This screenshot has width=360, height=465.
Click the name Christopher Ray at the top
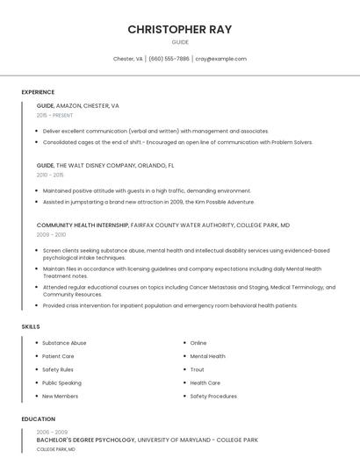coord(180,29)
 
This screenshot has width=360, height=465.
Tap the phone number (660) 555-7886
coord(169,59)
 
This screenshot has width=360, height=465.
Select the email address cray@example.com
coord(220,59)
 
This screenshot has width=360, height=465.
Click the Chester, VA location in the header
coord(128,59)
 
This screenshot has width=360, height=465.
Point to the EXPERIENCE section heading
coord(38,92)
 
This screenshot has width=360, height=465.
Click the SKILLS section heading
coord(31,326)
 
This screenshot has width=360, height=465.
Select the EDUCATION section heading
coord(39,419)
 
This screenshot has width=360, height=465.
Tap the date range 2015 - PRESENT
coord(54,115)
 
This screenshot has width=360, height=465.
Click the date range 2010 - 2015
coord(50,175)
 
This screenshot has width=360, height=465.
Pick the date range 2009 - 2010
coord(51,235)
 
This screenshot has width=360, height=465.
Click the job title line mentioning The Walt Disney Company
coord(105,165)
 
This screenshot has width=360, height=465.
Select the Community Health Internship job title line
coord(163,225)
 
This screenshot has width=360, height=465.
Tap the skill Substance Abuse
coord(64,343)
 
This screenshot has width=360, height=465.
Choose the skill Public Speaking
coord(61,383)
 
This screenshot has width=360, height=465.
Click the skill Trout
coord(197,369)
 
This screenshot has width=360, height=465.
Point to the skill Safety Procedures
coord(213,396)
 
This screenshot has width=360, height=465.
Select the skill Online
coord(198,343)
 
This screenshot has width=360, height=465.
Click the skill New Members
coord(60,396)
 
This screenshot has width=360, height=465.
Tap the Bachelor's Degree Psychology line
coord(147,440)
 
